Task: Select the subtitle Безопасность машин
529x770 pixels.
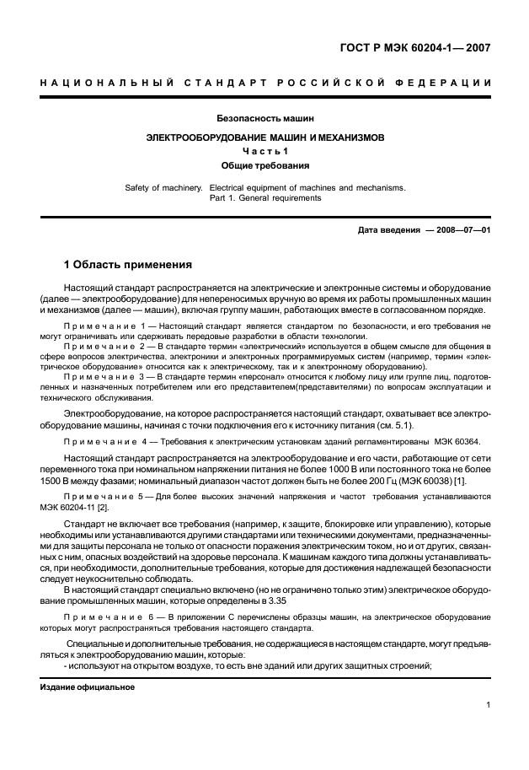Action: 264,118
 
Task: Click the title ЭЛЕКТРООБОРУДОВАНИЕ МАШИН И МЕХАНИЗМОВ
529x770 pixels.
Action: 264,136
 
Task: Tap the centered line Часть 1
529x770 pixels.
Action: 264,151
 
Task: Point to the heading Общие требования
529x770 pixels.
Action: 264,166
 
